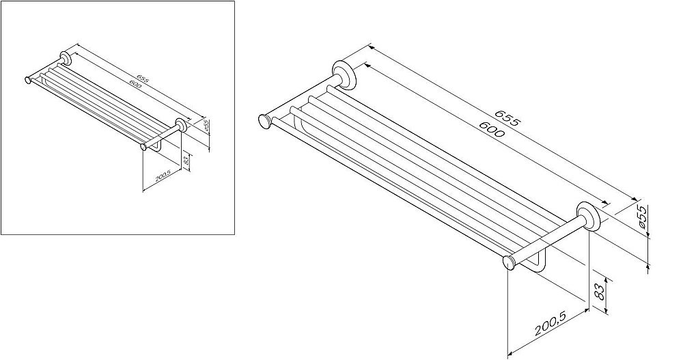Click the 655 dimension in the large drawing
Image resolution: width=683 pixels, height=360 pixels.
[507, 117]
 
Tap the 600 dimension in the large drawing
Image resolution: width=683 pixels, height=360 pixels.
[492, 129]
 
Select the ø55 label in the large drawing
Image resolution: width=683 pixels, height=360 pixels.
[643, 217]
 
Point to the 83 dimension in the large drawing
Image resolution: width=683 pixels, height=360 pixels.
[600, 291]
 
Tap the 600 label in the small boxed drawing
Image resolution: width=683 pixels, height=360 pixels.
[135, 85]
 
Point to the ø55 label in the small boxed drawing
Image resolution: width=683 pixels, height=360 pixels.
[207, 126]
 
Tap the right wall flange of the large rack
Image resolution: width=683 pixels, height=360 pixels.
[589, 215]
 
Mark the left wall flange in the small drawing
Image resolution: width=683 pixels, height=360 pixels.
[66, 58]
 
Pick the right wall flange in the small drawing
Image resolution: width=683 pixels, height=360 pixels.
[181, 125]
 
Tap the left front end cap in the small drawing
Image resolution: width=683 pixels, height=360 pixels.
[28, 80]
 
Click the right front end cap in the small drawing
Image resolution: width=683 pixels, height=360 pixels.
[143, 148]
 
